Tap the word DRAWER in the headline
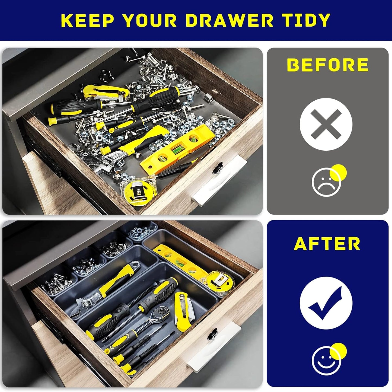pos(230,20)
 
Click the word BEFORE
pos(327,65)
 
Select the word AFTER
pos(327,244)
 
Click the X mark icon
pos(326,124)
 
